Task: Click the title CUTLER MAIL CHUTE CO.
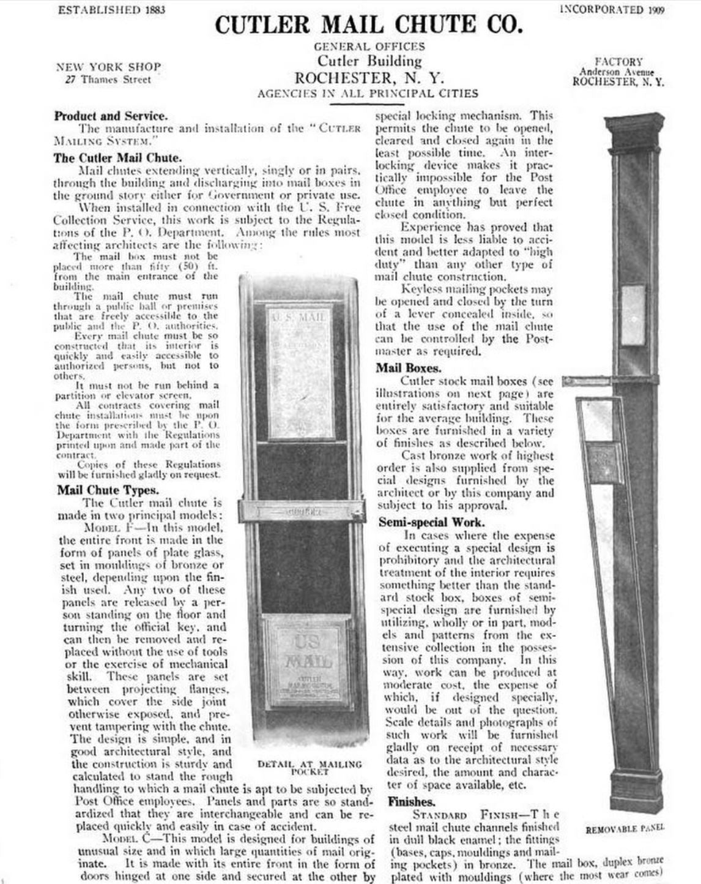coord(369,24)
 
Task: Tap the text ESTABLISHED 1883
coord(111,10)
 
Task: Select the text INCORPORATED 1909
coord(612,10)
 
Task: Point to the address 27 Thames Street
coord(108,80)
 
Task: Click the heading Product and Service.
coord(111,116)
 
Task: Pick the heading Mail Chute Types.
coord(108,490)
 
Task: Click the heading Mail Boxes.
coord(408,368)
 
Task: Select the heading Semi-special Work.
coord(431,522)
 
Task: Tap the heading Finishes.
coord(411,801)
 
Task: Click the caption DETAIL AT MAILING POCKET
coord(310,768)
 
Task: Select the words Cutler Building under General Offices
coord(369,61)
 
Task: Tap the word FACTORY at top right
coord(619,62)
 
